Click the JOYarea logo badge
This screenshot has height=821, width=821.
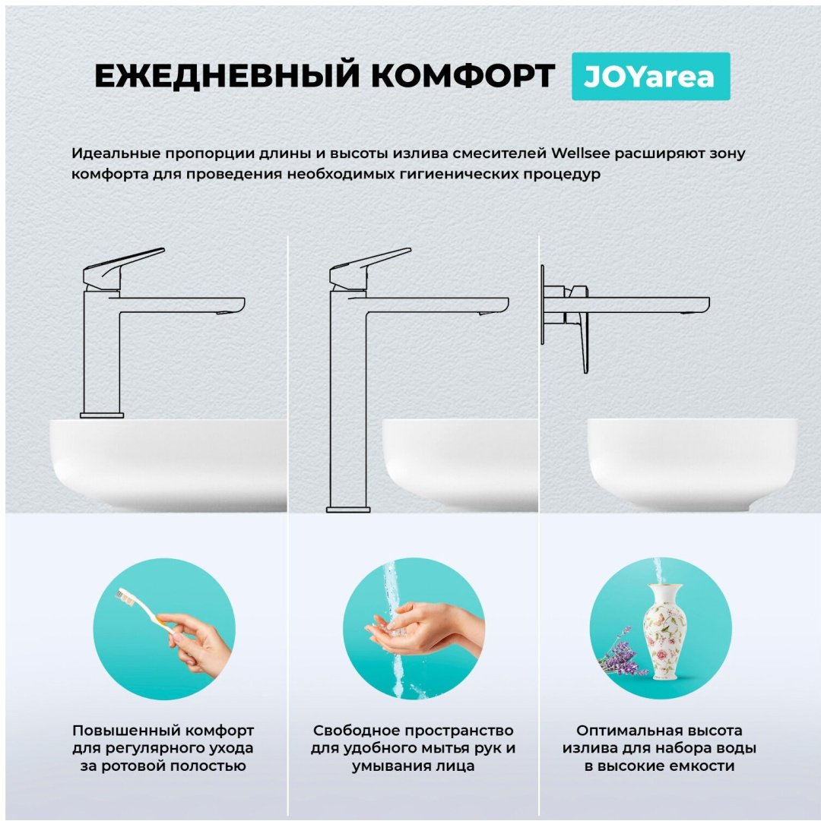tap(651, 77)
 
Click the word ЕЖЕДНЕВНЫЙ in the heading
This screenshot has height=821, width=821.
tap(227, 75)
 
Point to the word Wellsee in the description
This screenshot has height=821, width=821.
tap(580, 153)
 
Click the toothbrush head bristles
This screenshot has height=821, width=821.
tap(125, 596)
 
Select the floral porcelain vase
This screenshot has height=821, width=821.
tap(664, 632)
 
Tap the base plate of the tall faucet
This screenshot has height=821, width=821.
tap(348, 510)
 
